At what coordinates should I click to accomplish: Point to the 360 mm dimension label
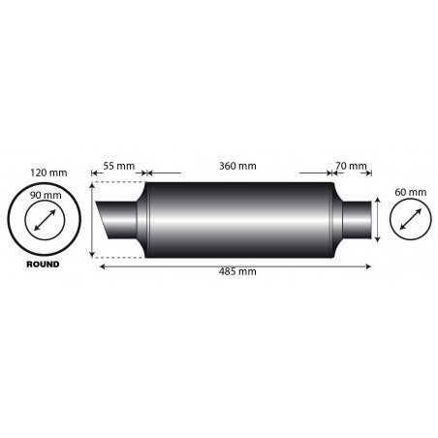click(x=236, y=167)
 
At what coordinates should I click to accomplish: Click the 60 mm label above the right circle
click(x=412, y=193)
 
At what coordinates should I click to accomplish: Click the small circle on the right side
click(x=411, y=222)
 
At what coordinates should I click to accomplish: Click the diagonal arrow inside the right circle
click(x=411, y=222)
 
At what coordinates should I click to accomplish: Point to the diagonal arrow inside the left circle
click(x=42, y=222)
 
